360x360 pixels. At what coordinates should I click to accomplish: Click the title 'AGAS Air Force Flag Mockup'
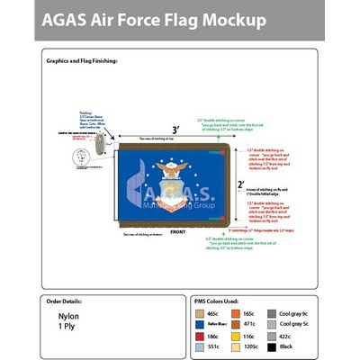pos(152,19)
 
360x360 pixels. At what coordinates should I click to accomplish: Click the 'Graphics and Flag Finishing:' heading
pos(82,60)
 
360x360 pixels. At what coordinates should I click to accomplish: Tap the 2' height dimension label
pos(241,185)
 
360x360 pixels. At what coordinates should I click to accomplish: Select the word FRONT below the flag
pos(177,231)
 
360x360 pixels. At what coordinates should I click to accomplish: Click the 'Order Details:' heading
pos(68,301)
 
